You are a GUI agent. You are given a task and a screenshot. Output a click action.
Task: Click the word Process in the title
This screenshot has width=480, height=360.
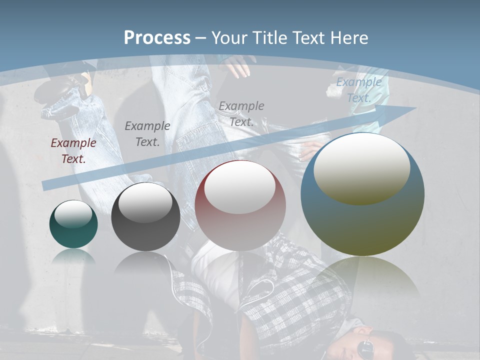coord(157,37)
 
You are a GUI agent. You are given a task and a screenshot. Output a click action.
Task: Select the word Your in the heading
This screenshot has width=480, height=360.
coord(230,37)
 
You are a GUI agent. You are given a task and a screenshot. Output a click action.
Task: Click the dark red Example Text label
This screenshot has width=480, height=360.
coord(73,151)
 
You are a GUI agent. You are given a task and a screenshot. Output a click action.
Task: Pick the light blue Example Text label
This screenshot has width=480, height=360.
coord(358,90)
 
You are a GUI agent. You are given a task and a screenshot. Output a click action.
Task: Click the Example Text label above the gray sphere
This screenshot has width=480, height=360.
coord(147,134)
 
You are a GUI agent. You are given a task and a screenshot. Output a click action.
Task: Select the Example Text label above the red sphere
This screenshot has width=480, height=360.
coord(241,113)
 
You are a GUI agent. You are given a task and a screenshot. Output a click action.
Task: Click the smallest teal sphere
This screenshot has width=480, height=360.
coord(73,224)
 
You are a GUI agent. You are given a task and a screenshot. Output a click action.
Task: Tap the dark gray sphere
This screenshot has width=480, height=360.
coord(145,217)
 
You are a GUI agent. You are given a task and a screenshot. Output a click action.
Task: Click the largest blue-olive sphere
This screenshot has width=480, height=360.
coord(362,195)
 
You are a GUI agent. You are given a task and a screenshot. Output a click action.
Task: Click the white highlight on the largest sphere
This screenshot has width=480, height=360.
coord(361,167)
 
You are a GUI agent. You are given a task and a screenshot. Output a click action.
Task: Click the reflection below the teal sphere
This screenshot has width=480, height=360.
coord(73,257)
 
